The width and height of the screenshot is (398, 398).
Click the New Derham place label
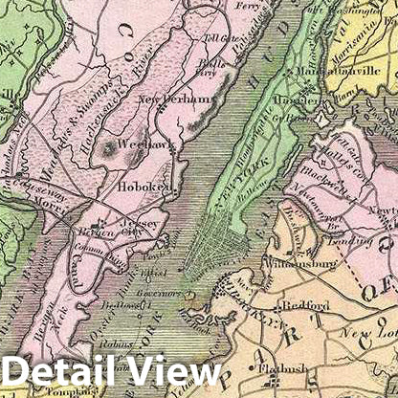(172, 99)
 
